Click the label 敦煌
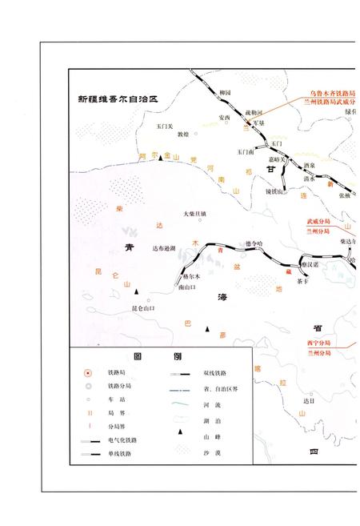[x=183, y=134]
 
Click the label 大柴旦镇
[x=194, y=214]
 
